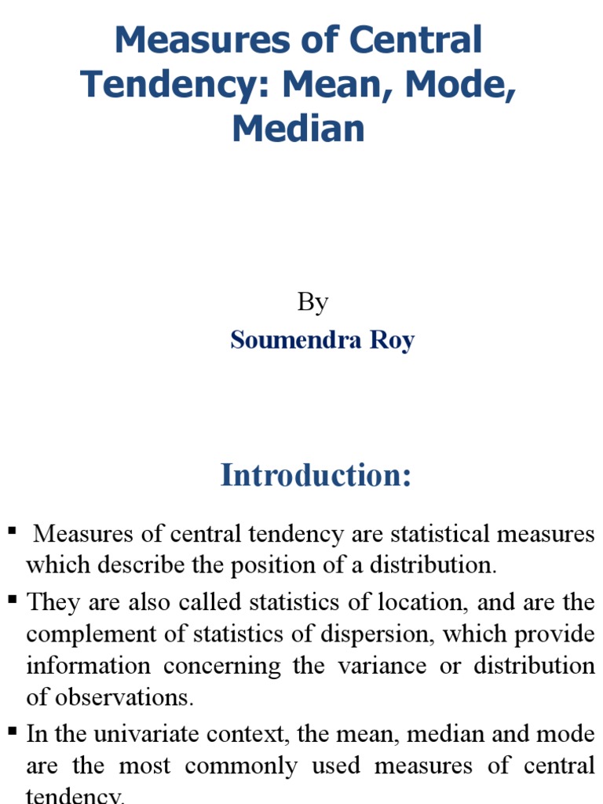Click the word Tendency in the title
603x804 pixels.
point(175,85)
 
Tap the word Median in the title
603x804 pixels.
point(298,129)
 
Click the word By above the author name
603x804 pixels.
point(312,302)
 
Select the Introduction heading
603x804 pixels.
point(316,476)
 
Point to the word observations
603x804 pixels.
point(121,697)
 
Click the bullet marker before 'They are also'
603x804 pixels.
point(12,600)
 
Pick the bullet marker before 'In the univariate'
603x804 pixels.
point(12,732)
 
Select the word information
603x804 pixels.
point(88,666)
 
